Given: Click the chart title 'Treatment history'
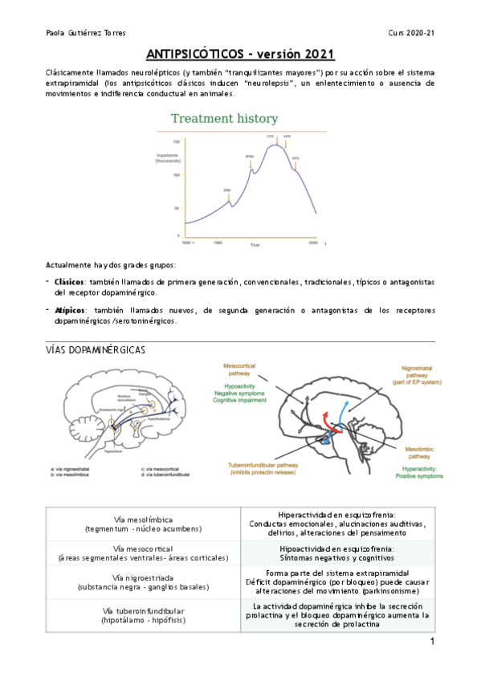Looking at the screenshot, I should (x=224, y=119).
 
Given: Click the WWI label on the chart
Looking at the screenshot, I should (x=227, y=190).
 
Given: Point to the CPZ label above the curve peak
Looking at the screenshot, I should (x=270, y=137).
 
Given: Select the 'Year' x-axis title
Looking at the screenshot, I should (x=255, y=244).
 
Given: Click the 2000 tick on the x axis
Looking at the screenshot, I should (x=313, y=241).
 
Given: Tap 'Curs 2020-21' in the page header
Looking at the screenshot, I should (x=411, y=33).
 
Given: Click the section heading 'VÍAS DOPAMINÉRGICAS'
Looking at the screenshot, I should (x=96, y=351).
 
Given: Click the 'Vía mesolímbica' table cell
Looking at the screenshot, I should (x=145, y=524).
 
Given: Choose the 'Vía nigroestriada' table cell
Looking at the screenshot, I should (x=145, y=581).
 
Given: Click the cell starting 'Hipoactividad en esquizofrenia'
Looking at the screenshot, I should (x=337, y=553).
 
